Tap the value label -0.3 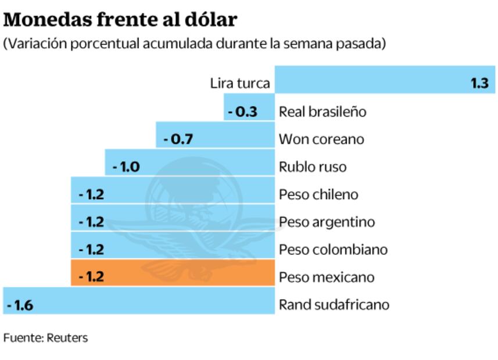[242, 111]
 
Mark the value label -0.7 [178, 139]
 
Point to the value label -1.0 [126, 167]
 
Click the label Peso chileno [318, 194]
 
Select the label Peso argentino [327, 222]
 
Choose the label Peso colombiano [333, 250]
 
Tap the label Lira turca [240, 83]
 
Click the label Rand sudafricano [334, 304]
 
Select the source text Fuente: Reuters [45, 337]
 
